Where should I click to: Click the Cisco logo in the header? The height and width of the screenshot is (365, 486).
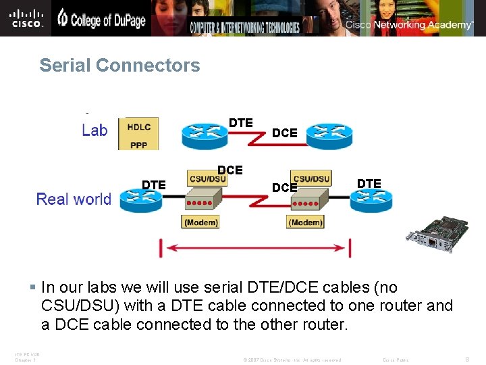pyautogui.click(x=27, y=18)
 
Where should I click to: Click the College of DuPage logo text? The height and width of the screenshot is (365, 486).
pyautogui.click(x=101, y=20)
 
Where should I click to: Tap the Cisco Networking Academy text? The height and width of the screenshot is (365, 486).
pyautogui.click(x=409, y=25)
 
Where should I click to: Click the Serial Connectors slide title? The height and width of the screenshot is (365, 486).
pyautogui.click(x=119, y=66)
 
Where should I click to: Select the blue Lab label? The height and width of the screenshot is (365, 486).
pyautogui.click(x=94, y=130)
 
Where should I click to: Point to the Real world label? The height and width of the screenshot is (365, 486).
pyautogui.click(x=74, y=199)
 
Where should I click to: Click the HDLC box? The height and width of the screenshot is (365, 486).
pyautogui.click(x=138, y=126)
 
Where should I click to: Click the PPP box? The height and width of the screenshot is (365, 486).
pyautogui.click(x=138, y=143)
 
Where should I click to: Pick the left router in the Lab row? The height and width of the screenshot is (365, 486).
pyautogui.click(x=205, y=135)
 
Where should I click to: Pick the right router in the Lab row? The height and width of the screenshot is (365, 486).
pyautogui.click(x=329, y=135)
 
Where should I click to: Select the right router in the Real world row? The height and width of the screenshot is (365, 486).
pyautogui.click(x=371, y=199)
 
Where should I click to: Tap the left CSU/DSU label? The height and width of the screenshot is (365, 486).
pyautogui.click(x=207, y=178)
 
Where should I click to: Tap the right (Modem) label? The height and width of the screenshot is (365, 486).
pyautogui.click(x=305, y=222)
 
